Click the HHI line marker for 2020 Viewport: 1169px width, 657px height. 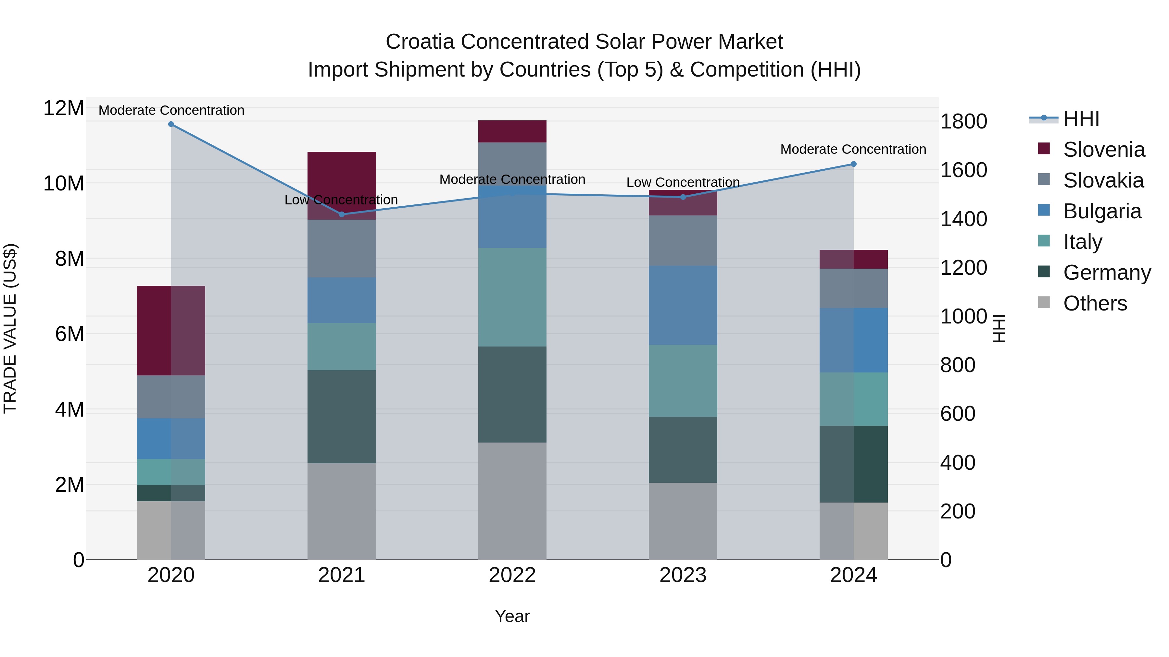171,124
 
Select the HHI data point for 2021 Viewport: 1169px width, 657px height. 342,214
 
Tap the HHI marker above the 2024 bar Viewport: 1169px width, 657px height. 854,164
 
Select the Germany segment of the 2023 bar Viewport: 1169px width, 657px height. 683,449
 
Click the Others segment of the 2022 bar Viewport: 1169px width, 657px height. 512,501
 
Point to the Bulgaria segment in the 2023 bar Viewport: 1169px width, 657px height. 683,305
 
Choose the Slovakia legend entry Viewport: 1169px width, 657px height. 1103,180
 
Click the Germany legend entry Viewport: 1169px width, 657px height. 1106,273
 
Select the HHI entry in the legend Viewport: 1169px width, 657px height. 1081,119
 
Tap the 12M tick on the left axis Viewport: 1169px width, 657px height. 64,108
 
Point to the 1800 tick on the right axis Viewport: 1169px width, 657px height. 963,122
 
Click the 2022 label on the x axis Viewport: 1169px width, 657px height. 512,575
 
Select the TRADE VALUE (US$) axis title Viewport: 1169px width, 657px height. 10,328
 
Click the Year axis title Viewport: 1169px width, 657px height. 512,616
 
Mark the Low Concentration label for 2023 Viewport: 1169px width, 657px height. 683,182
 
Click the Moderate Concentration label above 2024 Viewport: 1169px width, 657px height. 853,149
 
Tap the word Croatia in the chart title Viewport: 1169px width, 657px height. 420,42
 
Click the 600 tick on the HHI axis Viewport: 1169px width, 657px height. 958,414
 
